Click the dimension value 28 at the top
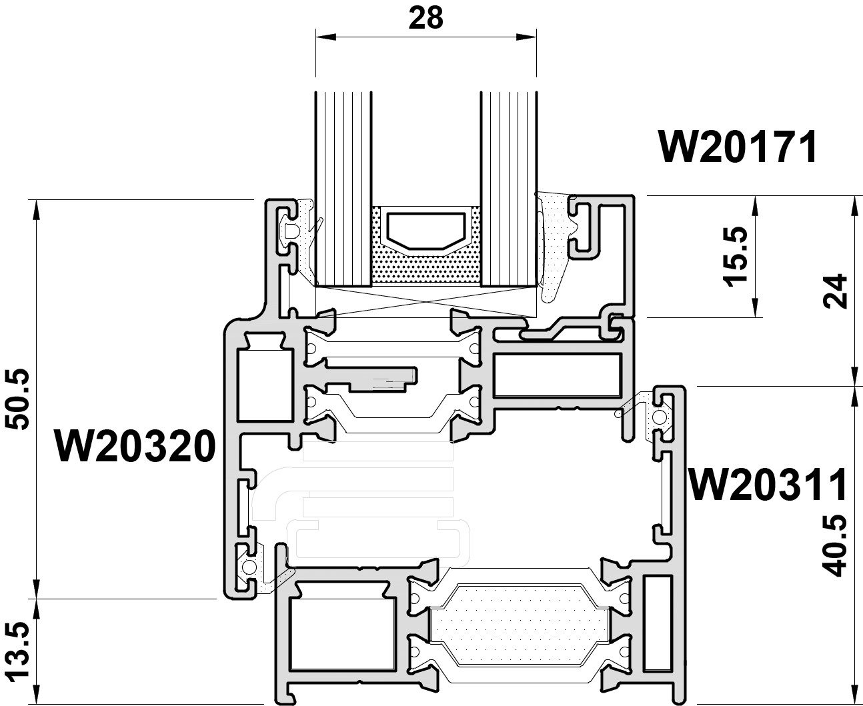[425, 18]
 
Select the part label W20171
[738, 147]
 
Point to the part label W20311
[768, 485]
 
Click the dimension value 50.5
[19, 399]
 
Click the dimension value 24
[835, 291]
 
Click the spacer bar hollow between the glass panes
[425, 230]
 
